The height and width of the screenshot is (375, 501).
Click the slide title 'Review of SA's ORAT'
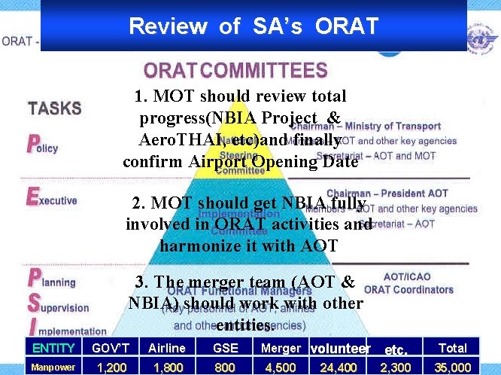coord(253,26)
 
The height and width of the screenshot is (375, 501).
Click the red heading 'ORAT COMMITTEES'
coord(235,72)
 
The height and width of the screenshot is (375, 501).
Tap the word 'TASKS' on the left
coord(55,108)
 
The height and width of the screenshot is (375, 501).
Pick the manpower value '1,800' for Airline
coord(166,367)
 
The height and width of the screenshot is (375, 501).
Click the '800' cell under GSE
coord(224,367)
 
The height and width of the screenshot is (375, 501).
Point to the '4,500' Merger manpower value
coord(281,367)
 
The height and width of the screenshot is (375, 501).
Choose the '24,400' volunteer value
coord(338,367)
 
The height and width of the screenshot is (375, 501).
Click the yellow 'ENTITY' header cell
coord(53,348)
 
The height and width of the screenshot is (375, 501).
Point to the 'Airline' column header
coord(166,348)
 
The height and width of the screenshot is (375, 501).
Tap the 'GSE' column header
coord(224,348)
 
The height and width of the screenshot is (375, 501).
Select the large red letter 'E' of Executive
coord(32,197)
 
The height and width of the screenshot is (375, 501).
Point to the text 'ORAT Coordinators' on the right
coord(408,290)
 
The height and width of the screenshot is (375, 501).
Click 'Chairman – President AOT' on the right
coord(398,194)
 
